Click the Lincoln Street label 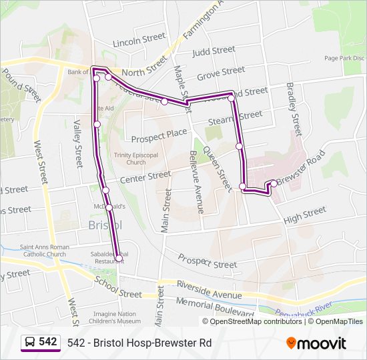(x=139, y=41)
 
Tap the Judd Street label (x=214, y=51)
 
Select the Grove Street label (x=221, y=71)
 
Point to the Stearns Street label (x=236, y=116)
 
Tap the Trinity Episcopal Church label (x=129, y=159)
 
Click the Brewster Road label (x=301, y=171)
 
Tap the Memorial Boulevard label (x=216, y=307)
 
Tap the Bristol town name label (x=105, y=225)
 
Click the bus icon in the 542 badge (x=30, y=342)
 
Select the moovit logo (x=316, y=343)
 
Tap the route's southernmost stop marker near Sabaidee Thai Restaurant (x=119, y=258)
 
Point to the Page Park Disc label (x=343, y=58)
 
